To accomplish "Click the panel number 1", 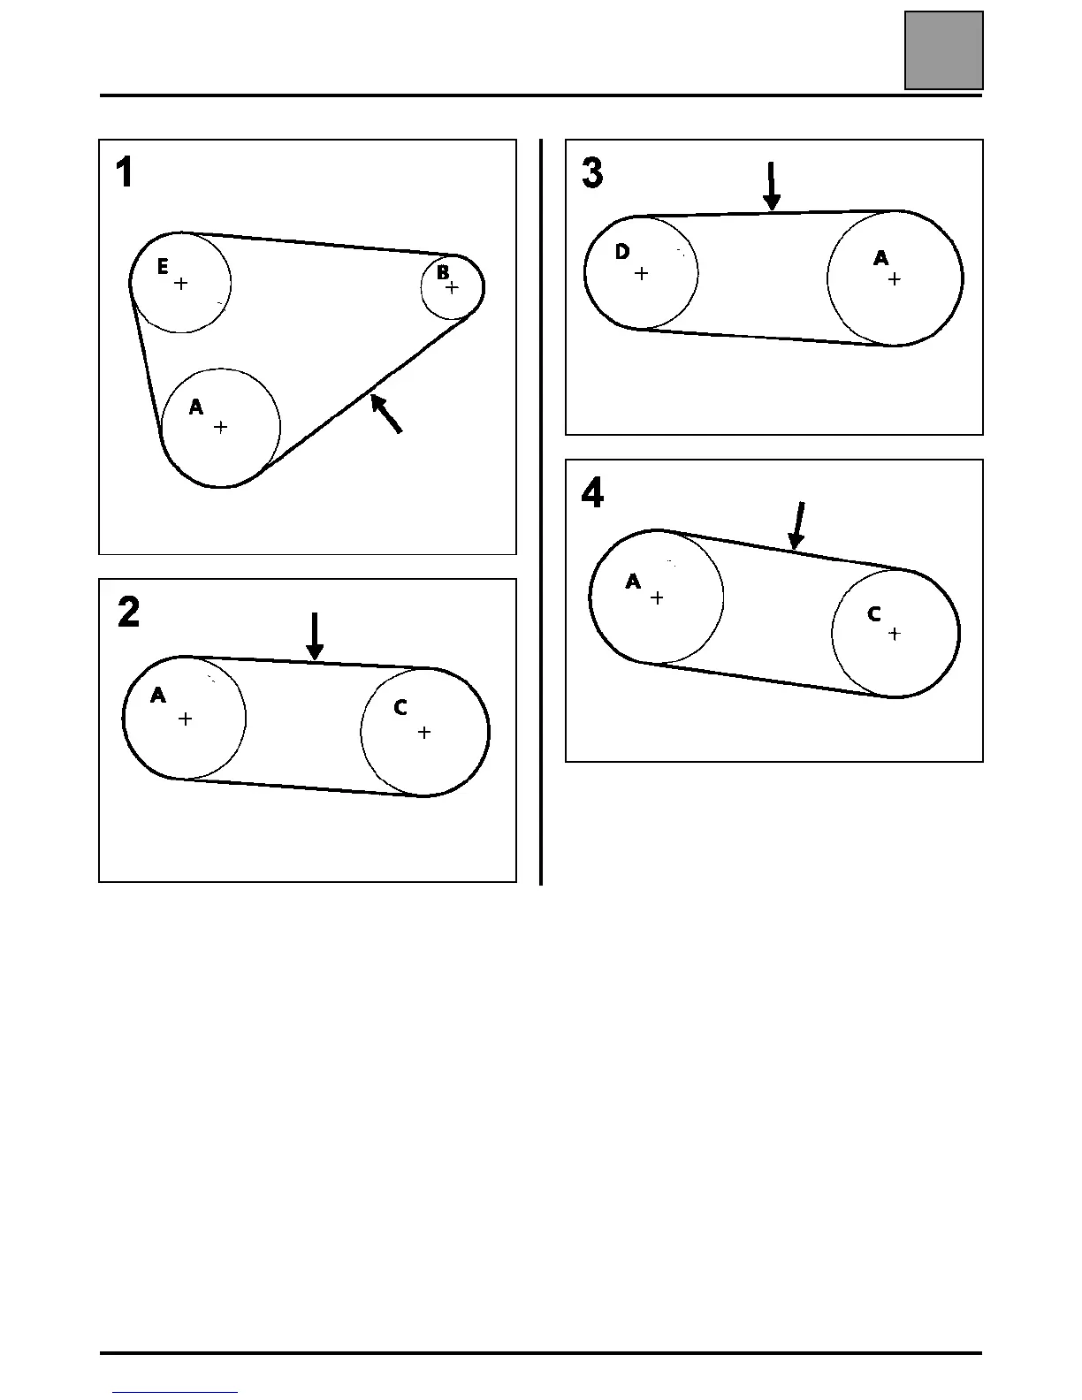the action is (x=125, y=172).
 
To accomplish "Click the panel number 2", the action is (x=128, y=612).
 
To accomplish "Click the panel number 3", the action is (x=592, y=172).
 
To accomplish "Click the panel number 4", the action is (x=592, y=492).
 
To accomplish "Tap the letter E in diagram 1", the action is (x=163, y=267).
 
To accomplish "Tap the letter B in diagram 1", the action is (x=443, y=273).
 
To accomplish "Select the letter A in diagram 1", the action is (x=196, y=407).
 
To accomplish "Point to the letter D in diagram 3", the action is (x=622, y=253).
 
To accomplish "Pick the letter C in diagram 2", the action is (x=400, y=708).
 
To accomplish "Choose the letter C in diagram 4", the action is (x=873, y=614).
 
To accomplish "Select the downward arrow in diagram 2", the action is (x=315, y=636).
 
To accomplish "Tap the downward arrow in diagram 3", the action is (x=772, y=186).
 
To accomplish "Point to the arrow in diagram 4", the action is (x=797, y=525).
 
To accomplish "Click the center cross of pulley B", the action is (x=453, y=287).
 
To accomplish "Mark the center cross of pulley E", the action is (x=181, y=284).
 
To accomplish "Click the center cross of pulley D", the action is (x=642, y=274).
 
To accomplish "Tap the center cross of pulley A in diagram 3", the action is (x=895, y=279).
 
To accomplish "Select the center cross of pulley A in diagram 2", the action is (x=185, y=719).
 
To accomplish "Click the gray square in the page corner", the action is (x=944, y=50).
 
